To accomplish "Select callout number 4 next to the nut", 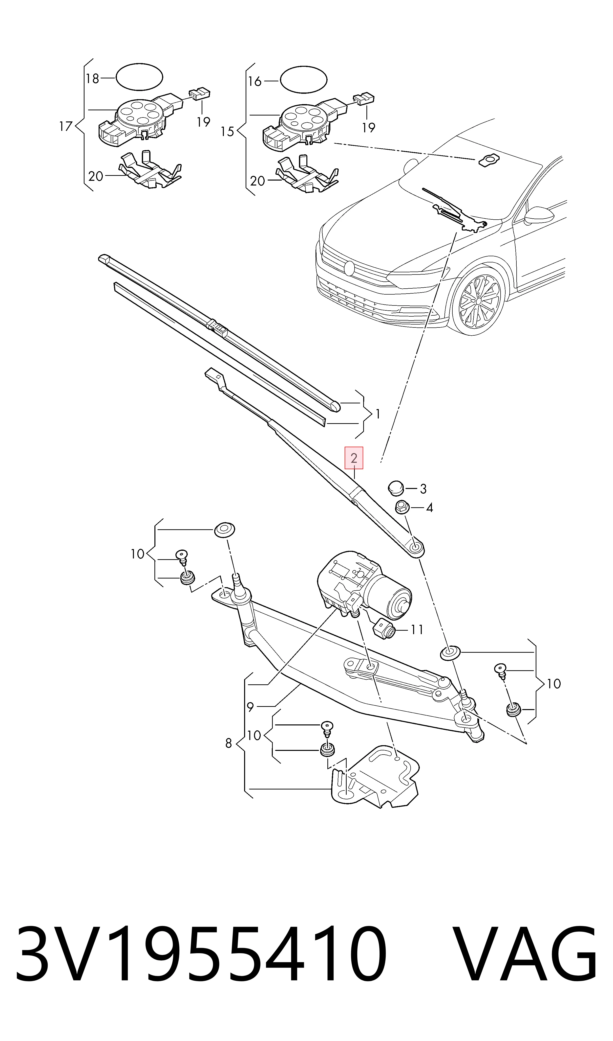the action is [430, 508].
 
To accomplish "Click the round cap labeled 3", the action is [395, 487].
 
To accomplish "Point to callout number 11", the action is [417, 630].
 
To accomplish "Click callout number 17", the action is [66, 126].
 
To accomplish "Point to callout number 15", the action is [227, 132].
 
